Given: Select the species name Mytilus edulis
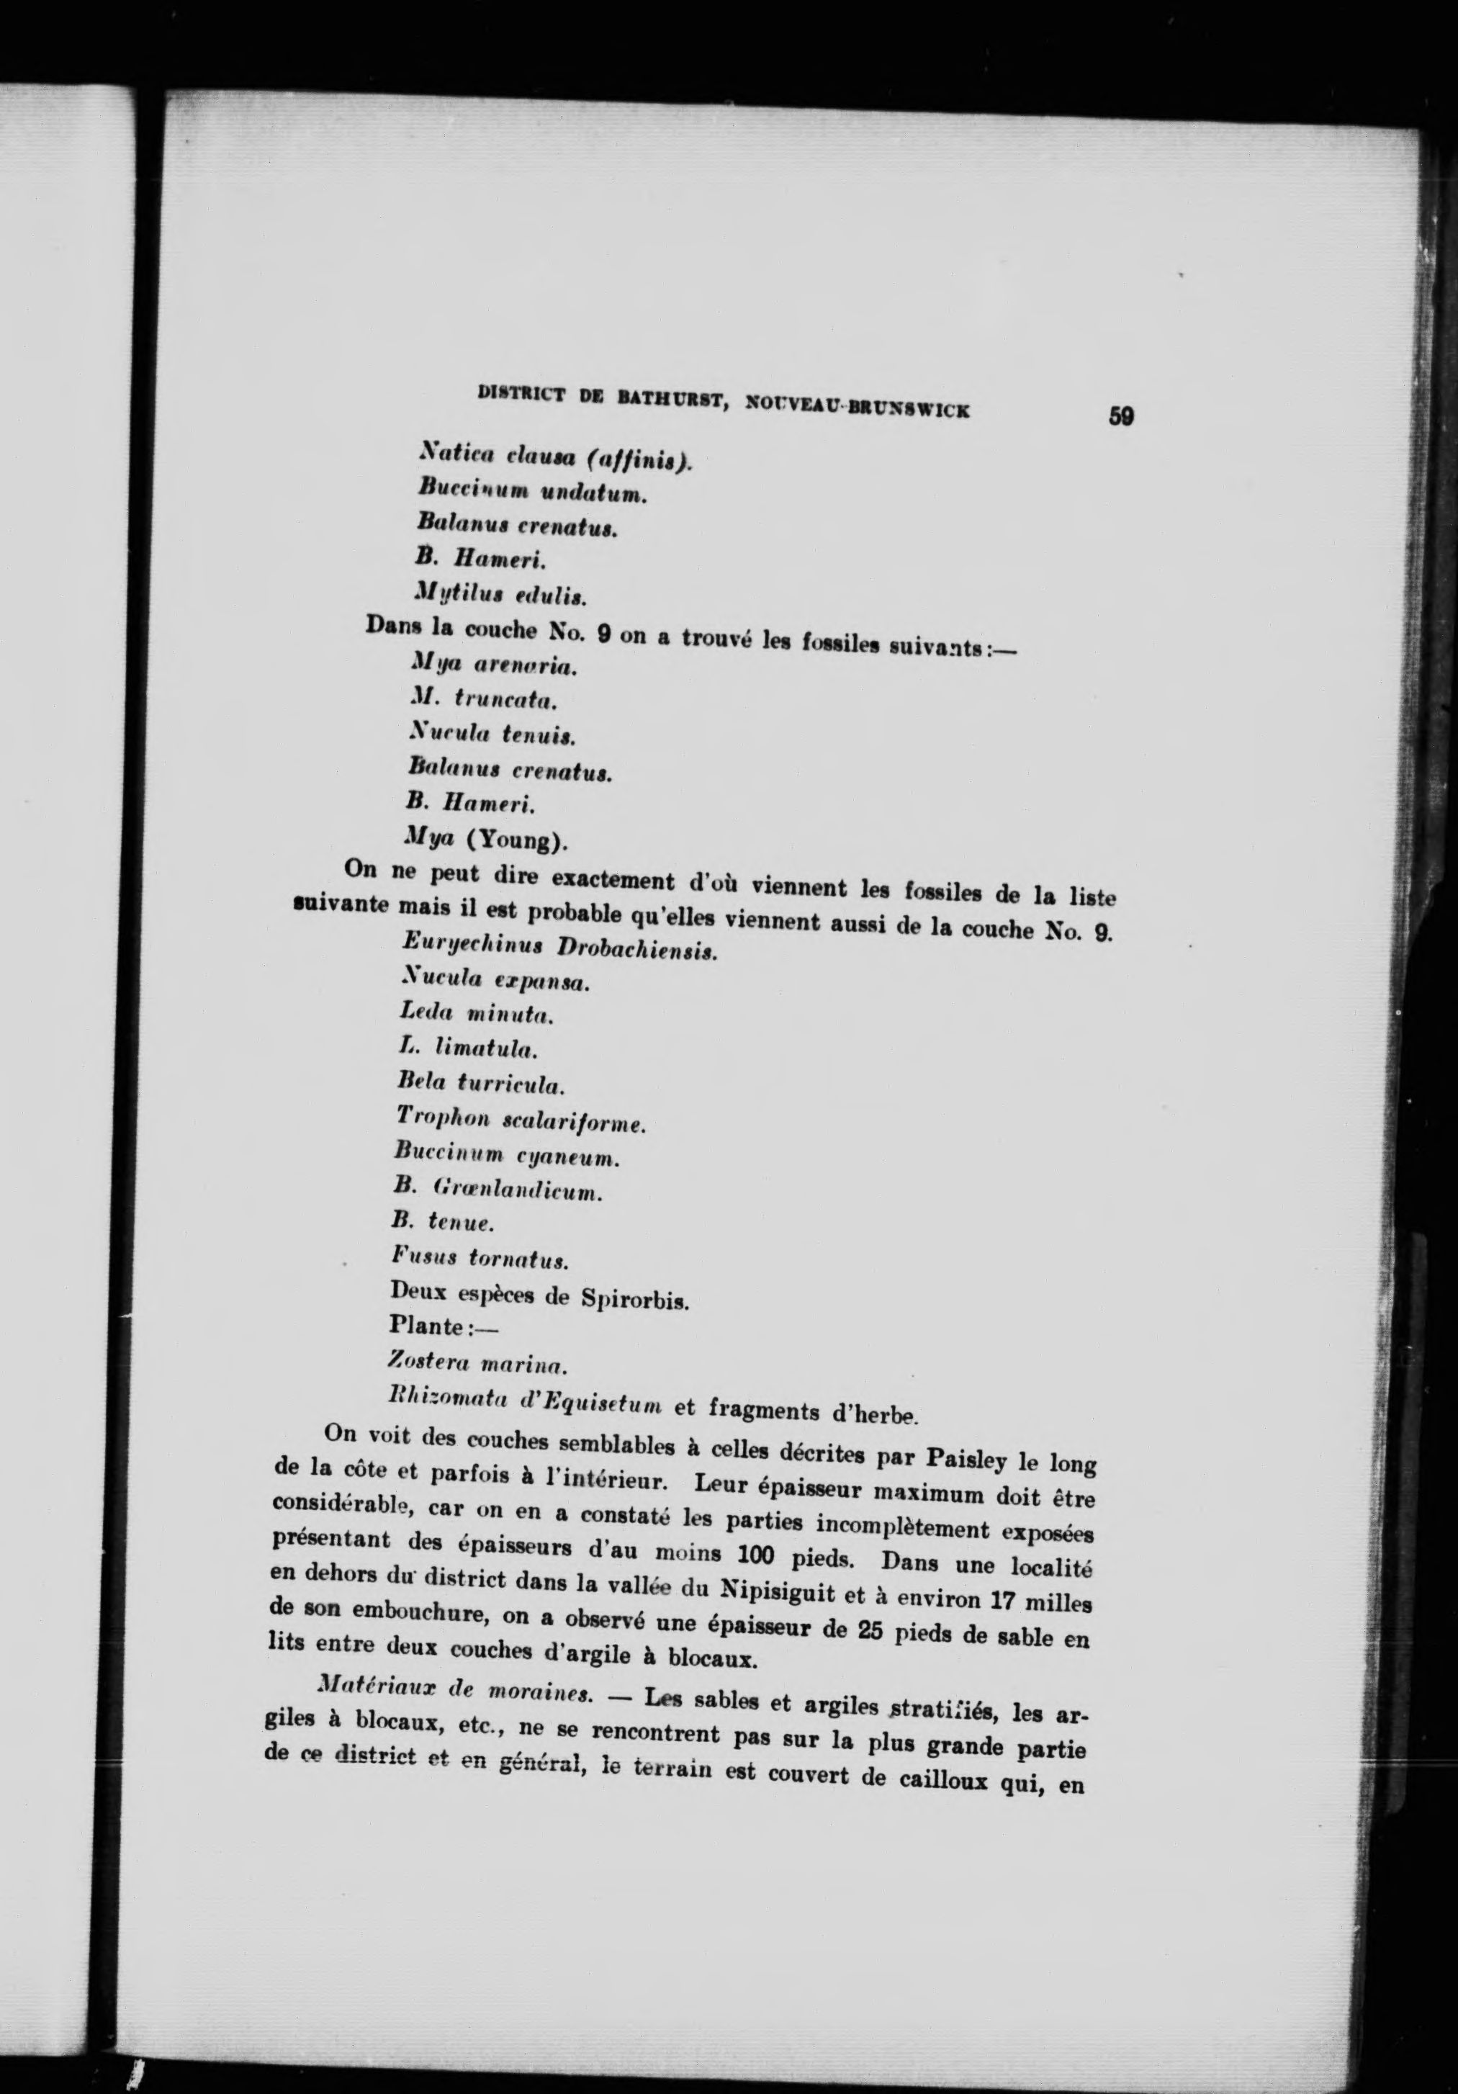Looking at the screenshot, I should [x=500, y=595].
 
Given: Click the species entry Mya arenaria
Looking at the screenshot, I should [x=494, y=666].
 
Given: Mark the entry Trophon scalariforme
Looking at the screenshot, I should [x=521, y=1120].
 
